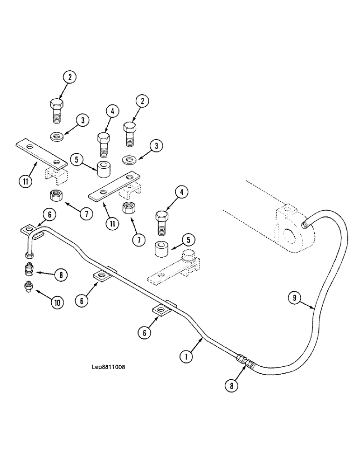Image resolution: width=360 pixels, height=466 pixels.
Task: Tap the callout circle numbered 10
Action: (56, 302)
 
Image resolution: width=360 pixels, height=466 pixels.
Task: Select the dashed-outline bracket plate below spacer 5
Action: (175, 273)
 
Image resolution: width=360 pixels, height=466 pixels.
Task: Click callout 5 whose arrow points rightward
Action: (77, 160)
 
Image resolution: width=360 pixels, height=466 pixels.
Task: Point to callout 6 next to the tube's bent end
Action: (50, 214)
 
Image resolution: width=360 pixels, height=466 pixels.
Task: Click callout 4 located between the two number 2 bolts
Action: (112, 111)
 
